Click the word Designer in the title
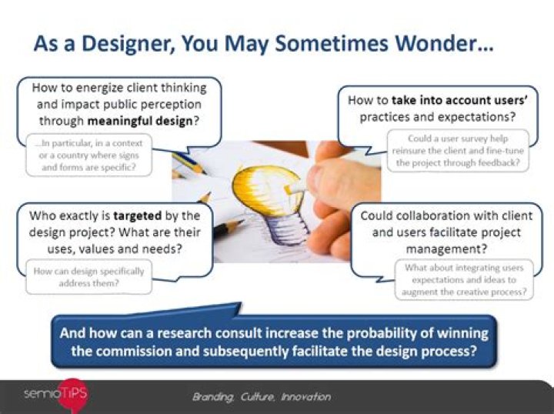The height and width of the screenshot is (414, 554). [128, 44]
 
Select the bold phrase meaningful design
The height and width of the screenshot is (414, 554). [140, 121]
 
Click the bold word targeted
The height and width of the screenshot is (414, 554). [138, 215]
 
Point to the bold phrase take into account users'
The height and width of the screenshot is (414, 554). [459, 100]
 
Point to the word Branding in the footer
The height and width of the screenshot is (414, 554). [213, 397]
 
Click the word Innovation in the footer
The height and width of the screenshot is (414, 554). [306, 397]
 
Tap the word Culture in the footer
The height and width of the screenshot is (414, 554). [258, 397]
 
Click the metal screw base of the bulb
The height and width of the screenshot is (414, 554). [285, 229]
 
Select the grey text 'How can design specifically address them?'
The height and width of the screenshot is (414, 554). [88, 277]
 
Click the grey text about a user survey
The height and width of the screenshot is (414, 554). [458, 151]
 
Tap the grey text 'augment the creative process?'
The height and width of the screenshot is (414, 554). [464, 292]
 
